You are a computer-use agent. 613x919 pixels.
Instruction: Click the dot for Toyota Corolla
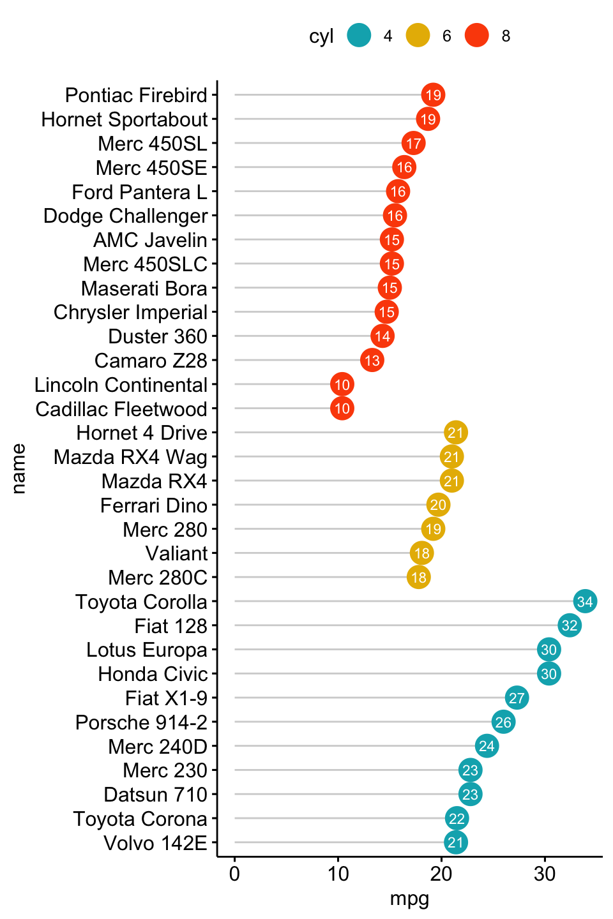pos(585,601)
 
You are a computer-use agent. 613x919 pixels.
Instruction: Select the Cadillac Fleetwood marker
pos(342,408)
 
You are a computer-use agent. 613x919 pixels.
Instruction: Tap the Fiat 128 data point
pos(570,625)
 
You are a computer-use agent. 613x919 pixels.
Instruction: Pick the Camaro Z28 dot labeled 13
pos(372,360)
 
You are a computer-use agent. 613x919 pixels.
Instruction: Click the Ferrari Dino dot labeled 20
pos(438,505)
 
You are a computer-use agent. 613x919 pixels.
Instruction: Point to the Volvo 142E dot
pos(455,842)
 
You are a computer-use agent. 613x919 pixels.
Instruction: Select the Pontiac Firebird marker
pos(433,95)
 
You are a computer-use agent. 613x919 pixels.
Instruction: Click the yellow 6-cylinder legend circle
pos(418,35)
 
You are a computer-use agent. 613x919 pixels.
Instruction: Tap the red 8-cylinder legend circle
pos(476,35)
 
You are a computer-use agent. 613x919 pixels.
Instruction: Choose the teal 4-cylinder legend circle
pos(359,35)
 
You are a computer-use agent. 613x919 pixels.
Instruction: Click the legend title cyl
pos(321,36)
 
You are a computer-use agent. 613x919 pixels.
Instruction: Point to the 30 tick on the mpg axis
pos(545,874)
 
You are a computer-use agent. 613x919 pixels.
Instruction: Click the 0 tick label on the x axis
pos(234,874)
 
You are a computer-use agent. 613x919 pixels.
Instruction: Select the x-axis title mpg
pos(409,899)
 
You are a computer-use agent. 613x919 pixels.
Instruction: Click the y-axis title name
pos(19,468)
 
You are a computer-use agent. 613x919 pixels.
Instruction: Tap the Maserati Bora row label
pos(144,288)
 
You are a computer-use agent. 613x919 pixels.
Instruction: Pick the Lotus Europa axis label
pos(147,650)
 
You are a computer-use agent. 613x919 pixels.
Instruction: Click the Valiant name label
pos(176,553)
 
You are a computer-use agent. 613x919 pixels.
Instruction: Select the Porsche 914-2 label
pos(141,722)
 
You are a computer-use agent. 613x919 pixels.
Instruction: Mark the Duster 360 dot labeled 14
pos(382,336)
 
